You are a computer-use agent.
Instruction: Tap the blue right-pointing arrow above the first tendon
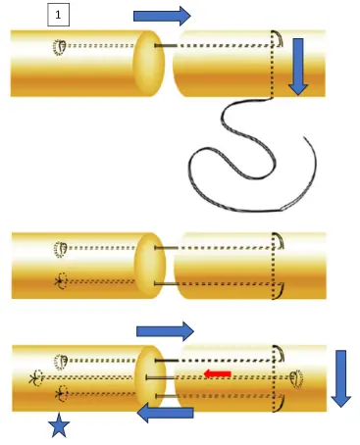163,14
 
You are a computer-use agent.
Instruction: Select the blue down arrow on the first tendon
297,74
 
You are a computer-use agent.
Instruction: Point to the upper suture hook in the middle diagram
280,243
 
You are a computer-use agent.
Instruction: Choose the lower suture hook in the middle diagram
280,290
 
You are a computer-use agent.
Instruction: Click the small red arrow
217,373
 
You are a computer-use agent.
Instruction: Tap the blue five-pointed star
59,426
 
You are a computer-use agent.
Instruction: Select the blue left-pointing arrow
165,414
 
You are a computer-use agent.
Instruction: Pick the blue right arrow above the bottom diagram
165,330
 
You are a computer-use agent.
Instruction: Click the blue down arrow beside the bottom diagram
340,376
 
